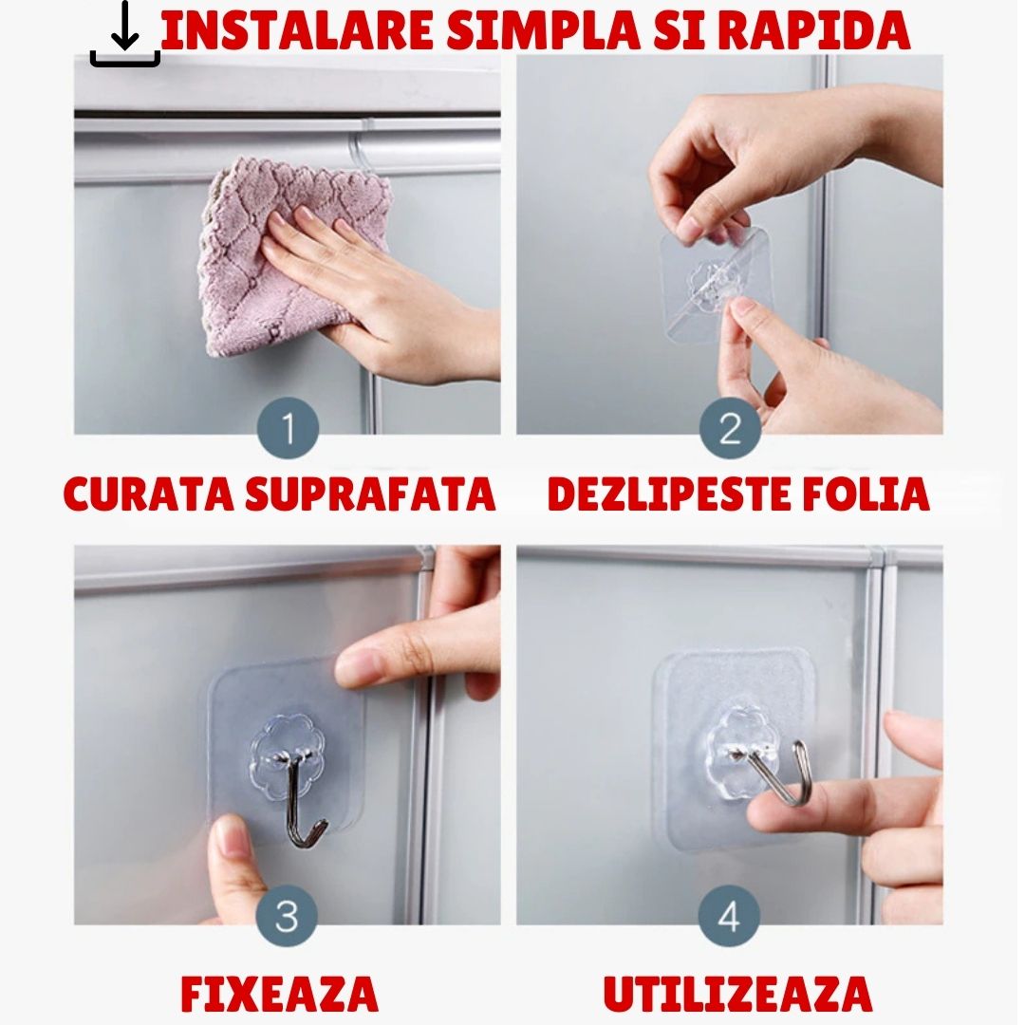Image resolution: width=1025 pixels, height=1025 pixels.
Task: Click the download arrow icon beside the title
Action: click(124, 35)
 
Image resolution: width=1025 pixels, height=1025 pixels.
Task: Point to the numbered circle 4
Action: click(729, 917)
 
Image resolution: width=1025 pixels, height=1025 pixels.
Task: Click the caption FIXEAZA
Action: click(280, 994)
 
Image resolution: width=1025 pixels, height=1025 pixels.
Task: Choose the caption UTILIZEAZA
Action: click(737, 994)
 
